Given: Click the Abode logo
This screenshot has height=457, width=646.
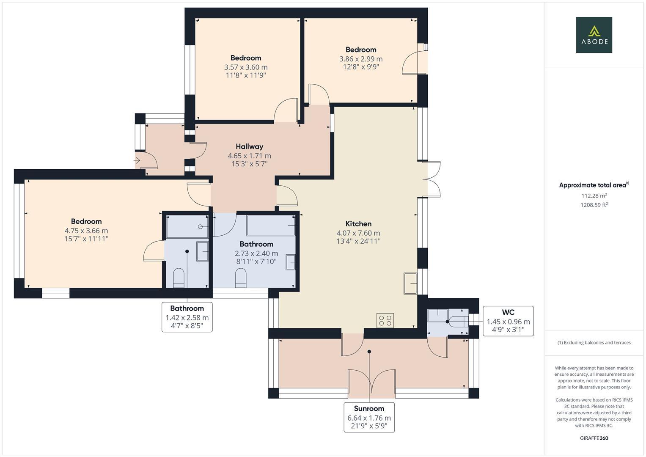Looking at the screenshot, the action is tap(594, 35).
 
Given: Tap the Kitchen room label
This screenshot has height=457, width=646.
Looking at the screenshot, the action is tap(358, 223).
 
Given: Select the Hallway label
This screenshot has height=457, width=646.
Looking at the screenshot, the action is tap(250, 146).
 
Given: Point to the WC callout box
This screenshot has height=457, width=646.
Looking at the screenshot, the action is tap(508, 321).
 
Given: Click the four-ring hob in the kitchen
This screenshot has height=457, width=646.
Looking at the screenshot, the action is tap(385, 320).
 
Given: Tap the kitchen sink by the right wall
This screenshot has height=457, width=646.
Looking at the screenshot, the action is tap(410, 284).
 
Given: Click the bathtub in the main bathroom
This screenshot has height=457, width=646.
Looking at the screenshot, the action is tap(271, 225).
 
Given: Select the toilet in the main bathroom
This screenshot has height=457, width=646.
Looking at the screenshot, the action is tap(241, 278).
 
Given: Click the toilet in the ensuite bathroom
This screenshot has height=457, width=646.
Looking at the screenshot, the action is tap(179, 278).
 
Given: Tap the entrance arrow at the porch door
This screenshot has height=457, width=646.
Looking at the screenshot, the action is tap(137, 160).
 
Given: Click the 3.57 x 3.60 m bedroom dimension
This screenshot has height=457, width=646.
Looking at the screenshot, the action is tap(246, 67).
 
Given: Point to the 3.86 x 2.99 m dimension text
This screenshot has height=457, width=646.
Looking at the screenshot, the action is tap(361, 59).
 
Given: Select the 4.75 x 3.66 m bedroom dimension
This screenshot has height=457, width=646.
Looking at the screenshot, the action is tap(86, 231).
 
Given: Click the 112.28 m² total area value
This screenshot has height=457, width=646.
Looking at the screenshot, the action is tap(594, 195).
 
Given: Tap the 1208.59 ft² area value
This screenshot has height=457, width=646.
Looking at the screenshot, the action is tap(594, 205).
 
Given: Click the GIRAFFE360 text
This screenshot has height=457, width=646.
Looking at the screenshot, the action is tap(594, 438).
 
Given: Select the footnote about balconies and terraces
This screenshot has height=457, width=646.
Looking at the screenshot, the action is tap(594, 342).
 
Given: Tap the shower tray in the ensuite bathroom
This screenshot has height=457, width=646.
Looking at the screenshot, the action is tap(187, 226).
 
